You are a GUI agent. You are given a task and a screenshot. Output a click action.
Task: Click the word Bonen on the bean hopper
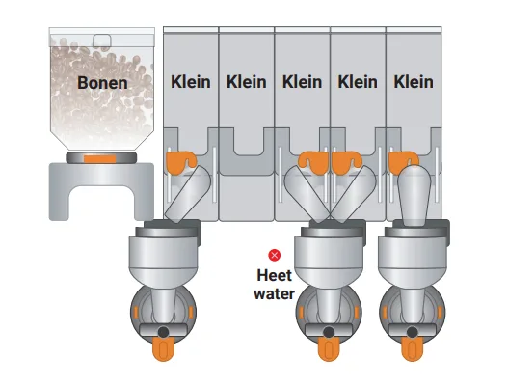click(102, 83)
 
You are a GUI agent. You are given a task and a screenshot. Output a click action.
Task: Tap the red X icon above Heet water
click(275, 256)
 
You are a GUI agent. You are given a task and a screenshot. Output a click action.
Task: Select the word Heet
click(275, 275)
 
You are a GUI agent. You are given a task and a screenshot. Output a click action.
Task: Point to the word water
click(275, 294)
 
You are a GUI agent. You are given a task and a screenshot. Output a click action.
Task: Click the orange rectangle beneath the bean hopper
click(100, 159)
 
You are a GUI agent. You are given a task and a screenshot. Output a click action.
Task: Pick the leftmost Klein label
click(191, 82)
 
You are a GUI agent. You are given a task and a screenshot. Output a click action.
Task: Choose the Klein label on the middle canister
click(302, 82)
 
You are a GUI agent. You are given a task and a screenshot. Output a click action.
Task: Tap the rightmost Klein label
click(414, 82)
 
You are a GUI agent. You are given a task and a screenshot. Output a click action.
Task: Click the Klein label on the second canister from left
click(246, 82)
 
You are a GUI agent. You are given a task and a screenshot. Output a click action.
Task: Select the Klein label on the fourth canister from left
click(358, 82)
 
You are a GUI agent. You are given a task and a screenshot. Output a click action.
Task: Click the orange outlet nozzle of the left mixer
click(163, 349)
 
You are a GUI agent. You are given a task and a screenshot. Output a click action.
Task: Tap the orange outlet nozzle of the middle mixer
click(329, 349)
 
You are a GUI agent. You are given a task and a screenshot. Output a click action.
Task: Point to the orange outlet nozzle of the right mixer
click(413, 349)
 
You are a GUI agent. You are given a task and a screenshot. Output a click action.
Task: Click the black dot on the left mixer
click(163, 332)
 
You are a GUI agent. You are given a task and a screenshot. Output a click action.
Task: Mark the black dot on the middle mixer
click(329, 332)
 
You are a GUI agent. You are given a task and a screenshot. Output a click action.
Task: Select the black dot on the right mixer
click(413, 332)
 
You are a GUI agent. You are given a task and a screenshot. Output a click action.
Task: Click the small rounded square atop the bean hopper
click(102, 41)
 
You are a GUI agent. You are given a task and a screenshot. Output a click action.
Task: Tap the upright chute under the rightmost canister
click(414, 196)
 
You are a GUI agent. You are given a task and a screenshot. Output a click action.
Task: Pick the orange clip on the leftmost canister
click(181, 161)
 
